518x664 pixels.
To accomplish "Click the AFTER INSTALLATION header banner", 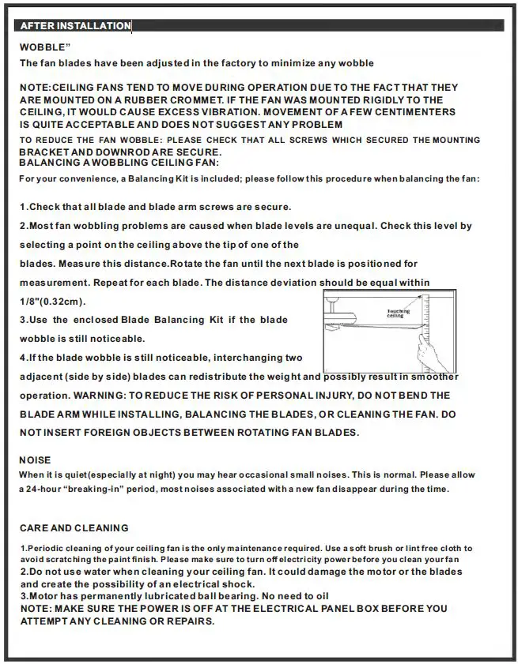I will tap(75, 26).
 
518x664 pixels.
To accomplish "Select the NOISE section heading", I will tap(35, 460).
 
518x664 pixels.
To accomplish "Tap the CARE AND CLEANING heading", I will tap(74, 527).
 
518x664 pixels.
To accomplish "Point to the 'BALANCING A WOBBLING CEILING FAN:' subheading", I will tap(119, 162).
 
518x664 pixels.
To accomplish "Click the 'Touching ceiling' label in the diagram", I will tap(398, 313).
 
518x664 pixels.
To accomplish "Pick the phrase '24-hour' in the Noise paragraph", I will tap(47, 489).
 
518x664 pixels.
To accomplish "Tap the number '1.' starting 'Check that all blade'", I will tap(24, 207).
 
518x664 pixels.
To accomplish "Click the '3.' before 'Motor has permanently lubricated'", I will tap(24, 595).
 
